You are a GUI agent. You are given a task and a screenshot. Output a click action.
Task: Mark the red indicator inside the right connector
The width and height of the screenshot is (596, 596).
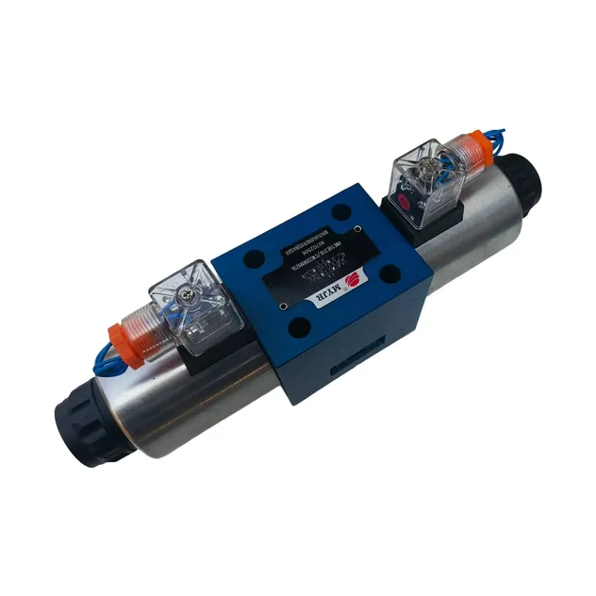tap(407, 201)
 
